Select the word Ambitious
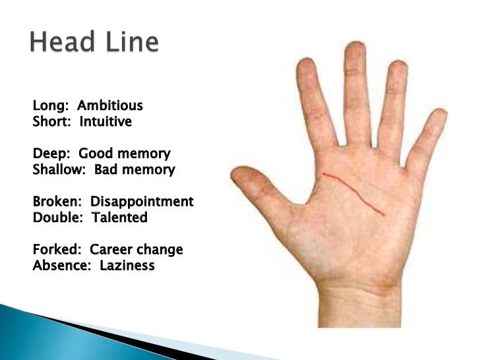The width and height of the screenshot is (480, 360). (110, 105)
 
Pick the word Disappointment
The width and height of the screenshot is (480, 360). (142, 201)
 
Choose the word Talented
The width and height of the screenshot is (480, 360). (119, 217)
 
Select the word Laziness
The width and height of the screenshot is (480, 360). (127, 266)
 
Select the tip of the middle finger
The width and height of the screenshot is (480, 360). (355, 47)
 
